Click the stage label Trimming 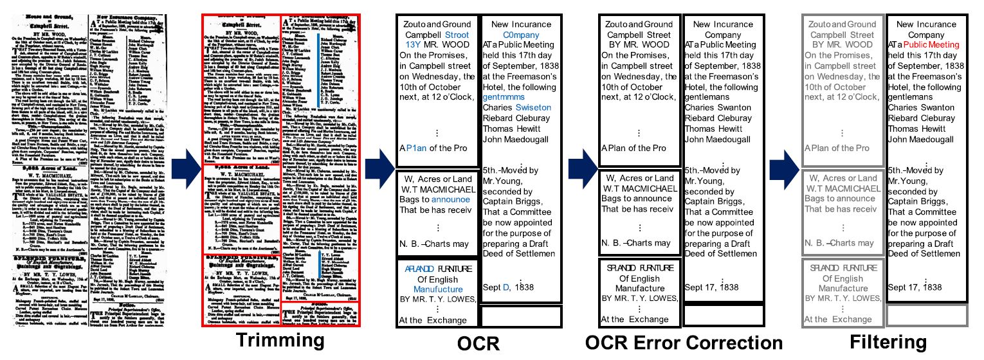(282, 341)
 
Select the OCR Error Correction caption (684, 341)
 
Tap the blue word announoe (454, 199)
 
